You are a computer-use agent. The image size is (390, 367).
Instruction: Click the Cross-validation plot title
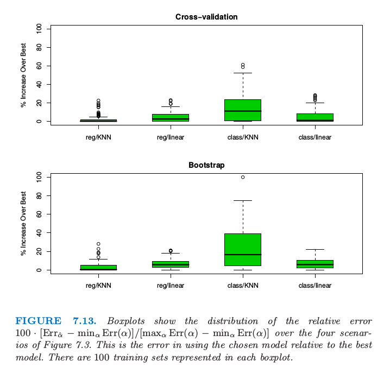206,17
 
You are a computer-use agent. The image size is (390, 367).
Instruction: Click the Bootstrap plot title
206,164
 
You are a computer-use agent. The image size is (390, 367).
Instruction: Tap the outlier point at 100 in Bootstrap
243,177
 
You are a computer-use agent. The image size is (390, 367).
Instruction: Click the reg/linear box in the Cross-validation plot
171,117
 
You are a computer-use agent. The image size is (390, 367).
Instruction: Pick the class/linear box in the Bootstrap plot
315,264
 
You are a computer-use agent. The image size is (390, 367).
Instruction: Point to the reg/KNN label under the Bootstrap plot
98,286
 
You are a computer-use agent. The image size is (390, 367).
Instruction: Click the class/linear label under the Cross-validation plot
315,137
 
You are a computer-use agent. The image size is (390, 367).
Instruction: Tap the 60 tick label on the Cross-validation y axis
39,66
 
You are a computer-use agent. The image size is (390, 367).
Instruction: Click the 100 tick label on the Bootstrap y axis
39,177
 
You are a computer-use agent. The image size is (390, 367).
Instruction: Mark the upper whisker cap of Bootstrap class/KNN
243,200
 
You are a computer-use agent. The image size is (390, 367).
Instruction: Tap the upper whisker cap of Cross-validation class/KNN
243,73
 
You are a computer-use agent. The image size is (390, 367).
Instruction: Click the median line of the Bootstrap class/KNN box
243,254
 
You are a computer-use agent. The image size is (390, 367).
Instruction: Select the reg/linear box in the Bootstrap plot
171,264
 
